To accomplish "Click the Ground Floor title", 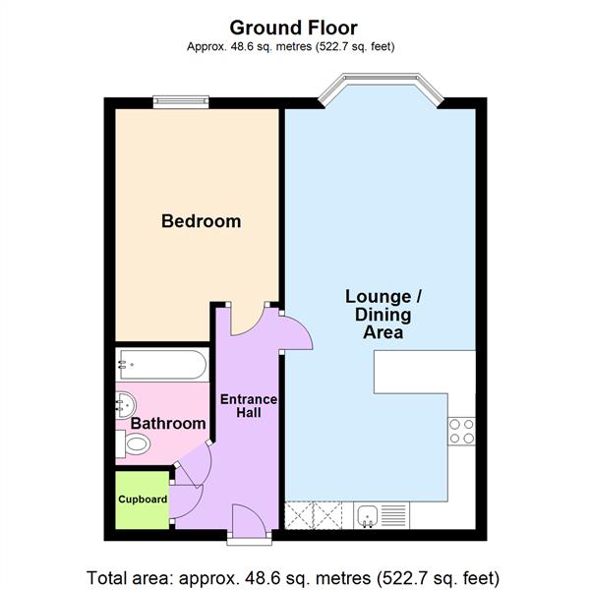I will click(294, 28).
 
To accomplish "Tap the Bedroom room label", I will click(201, 221).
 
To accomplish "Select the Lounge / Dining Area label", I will click(384, 314).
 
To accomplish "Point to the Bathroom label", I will click(169, 424).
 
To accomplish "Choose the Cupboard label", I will click(143, 499).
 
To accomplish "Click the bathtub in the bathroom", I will click(160, 366).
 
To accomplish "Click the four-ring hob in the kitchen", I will click(461, 431).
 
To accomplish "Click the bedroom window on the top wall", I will click(181, 99).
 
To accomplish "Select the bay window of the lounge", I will click(381, 89).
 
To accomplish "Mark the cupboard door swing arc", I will click(189, 497).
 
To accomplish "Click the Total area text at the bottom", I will click(294, 575).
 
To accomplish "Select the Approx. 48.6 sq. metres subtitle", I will click(294, 46).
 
